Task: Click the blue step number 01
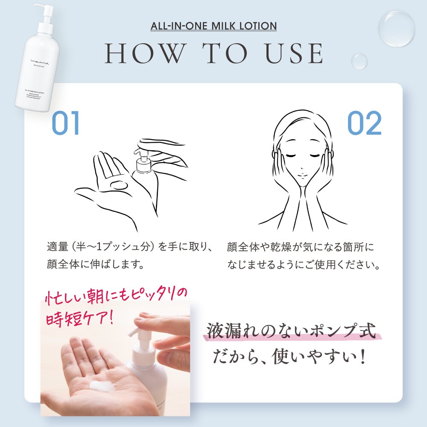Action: (66, 124)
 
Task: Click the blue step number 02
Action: (364, 124)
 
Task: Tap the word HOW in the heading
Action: (144, 53)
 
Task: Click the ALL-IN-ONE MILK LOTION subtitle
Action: (213, 26)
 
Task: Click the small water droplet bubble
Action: (359, 61)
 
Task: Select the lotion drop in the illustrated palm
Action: (118, 185)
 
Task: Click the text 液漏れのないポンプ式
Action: (292, 331)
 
